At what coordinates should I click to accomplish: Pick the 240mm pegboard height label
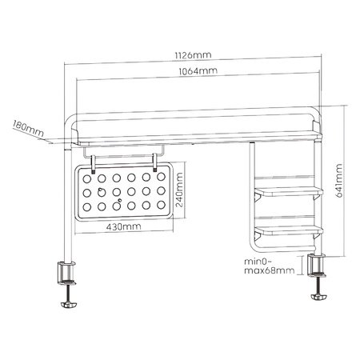tap(181, 192)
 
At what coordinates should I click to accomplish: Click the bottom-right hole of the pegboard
tap(160, 206)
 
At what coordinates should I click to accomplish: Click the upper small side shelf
tap(289, 192)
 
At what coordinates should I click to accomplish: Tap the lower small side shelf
tap(289, 230)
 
